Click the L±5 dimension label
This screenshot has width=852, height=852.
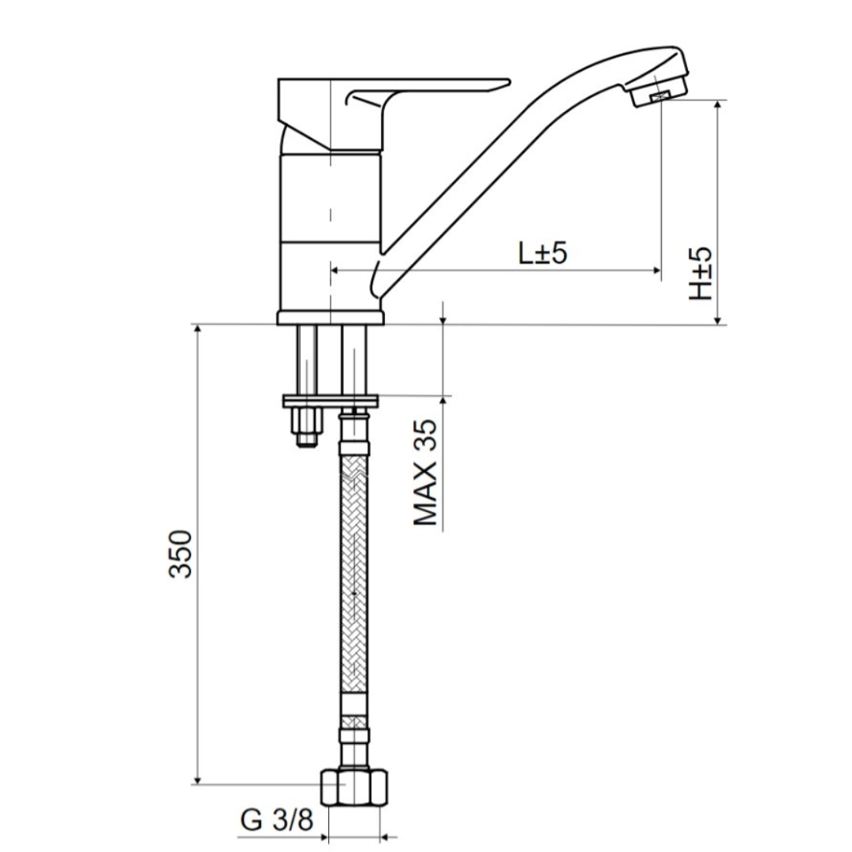click(542, 252)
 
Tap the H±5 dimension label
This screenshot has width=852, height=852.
click(701, 274)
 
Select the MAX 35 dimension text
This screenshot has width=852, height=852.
click(425, 473)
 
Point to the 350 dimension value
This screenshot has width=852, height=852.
click(181, 554)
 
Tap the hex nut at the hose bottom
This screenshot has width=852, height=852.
click(354, 787)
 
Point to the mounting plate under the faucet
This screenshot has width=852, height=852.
click(331, 402)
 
